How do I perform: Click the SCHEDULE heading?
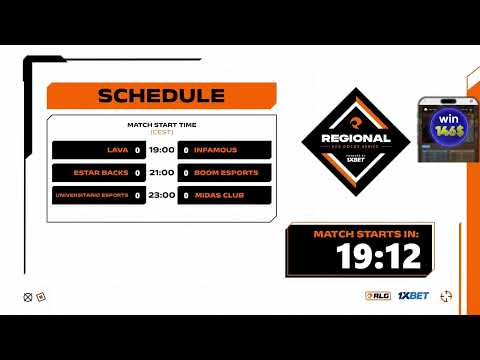tap(160, 96)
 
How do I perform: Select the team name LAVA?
tap(117, 150)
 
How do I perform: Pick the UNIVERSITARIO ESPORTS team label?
tap(93, 195)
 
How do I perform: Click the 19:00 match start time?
tap(162, 150)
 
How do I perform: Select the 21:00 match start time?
tap(162, 172)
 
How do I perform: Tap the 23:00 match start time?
tap(162, 195)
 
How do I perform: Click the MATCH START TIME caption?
tap(161, 125)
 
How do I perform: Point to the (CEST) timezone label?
tap(161, 132)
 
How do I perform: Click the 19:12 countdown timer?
tap(365, 258)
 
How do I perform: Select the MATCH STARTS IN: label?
tap(366, 234)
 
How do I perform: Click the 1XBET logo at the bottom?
tap(413, 296)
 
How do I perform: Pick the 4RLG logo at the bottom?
tap(377, 296)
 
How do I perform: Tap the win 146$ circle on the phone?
tap(444, 127)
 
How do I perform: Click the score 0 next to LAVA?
tap(137, 150)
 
